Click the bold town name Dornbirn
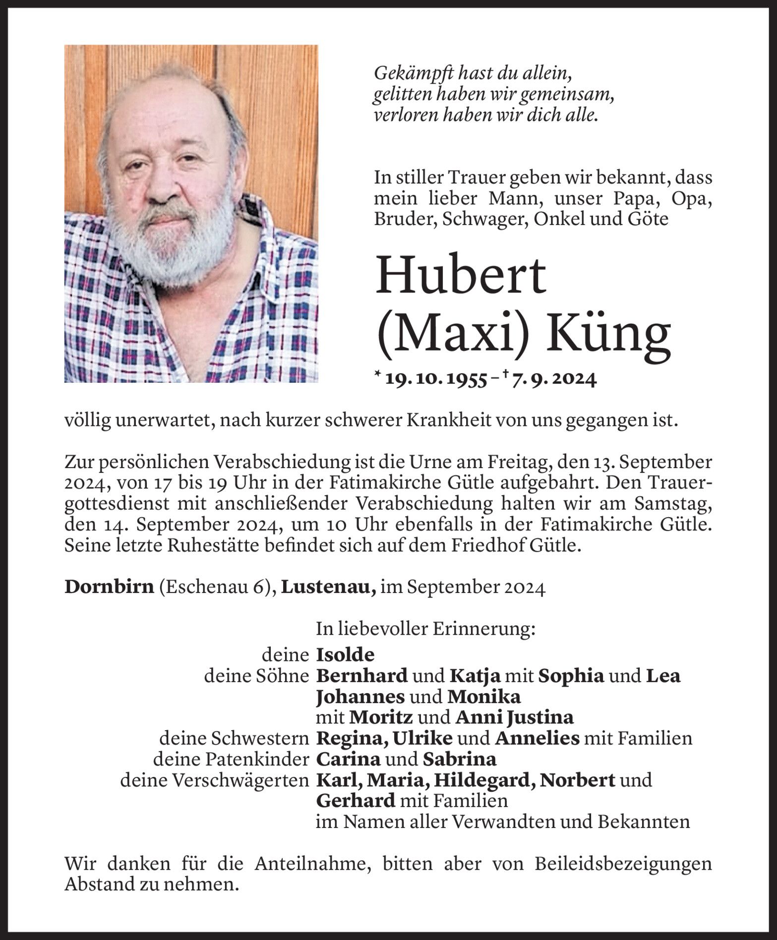click(x=109, y=588)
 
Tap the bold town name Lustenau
click(x=328, y=588)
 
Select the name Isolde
click(x=345, y=655)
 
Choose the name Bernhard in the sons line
click(x=362, y=676)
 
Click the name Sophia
click(x=571, y=676)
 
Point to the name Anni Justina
click(x=514, y=717)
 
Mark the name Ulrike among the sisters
click(x=422, y=738)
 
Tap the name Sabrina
click(x=459, y=759)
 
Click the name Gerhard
click(x=356, y=801)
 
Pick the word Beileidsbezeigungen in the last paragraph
click(x=623, y=864)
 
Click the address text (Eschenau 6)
click(x=217, y=588)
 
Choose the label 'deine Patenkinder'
click(x=232, y=759)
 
